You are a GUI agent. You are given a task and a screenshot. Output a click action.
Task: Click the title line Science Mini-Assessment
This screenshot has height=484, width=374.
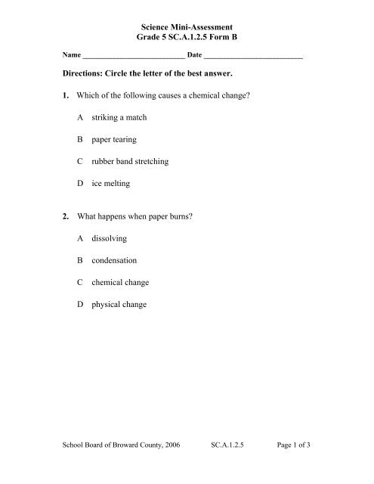(187, 26)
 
